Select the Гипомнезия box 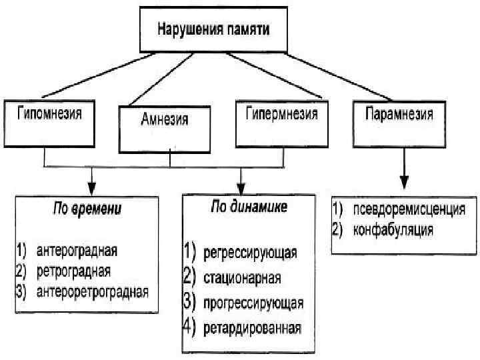(50, 114)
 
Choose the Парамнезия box (399, 114)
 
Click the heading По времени (87, 209)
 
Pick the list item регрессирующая (250, 253)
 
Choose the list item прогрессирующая (253, 303)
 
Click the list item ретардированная (252, 327)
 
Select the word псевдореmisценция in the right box (408, 209)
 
